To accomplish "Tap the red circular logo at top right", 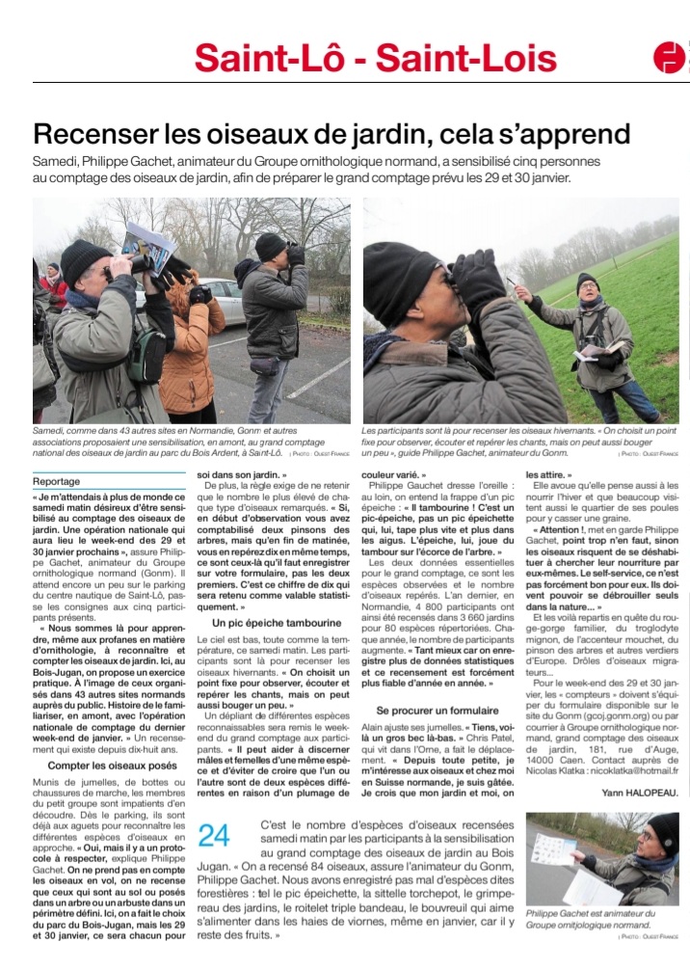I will (668, 57).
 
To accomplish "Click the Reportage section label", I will (56, 481).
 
